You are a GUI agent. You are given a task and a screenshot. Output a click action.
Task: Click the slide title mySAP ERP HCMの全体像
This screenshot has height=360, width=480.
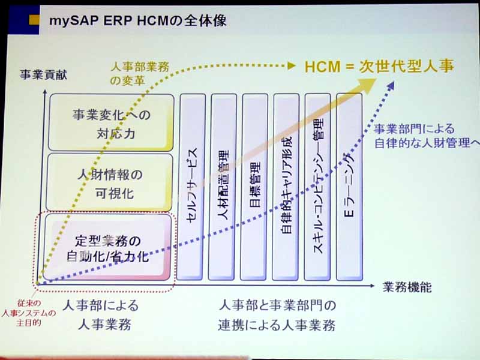coord(138,21)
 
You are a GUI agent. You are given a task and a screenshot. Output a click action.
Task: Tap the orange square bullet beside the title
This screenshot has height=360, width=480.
coord(34,20)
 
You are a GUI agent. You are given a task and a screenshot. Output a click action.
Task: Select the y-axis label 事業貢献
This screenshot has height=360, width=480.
coord(43,74)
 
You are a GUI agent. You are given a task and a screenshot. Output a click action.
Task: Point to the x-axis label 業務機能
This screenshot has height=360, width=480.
coord(407,287)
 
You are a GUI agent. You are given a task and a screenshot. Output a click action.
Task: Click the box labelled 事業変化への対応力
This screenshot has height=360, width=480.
coord(112,122)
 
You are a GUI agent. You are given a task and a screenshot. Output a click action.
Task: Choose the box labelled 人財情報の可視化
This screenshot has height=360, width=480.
coord(110,182)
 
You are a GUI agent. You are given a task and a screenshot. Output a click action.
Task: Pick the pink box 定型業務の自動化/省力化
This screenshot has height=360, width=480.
coord(108,247)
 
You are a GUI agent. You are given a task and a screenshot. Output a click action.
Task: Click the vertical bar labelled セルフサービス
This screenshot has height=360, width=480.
coord(191,187)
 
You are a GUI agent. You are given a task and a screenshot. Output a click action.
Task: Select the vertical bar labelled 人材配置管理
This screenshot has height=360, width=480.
coord(223,187)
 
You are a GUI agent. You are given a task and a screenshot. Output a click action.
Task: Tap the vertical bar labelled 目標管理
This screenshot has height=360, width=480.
coord(254,187)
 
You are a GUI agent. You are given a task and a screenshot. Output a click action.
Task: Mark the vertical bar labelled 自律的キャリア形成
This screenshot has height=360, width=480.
coord(286,187)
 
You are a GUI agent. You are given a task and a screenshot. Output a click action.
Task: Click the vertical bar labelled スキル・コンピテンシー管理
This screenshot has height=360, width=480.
coord(318,187)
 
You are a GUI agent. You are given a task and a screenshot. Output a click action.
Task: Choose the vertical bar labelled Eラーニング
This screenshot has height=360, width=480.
coord(349,187)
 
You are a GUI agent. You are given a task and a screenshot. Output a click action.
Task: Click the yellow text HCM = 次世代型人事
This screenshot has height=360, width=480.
coord(379,66)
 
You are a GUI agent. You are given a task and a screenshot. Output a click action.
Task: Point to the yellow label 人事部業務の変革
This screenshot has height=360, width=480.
coord(140,73)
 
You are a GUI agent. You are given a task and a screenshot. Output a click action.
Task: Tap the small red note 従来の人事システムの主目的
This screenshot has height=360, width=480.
coord(29,313)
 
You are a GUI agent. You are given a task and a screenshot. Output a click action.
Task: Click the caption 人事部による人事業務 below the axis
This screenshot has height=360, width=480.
coord(101,314)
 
